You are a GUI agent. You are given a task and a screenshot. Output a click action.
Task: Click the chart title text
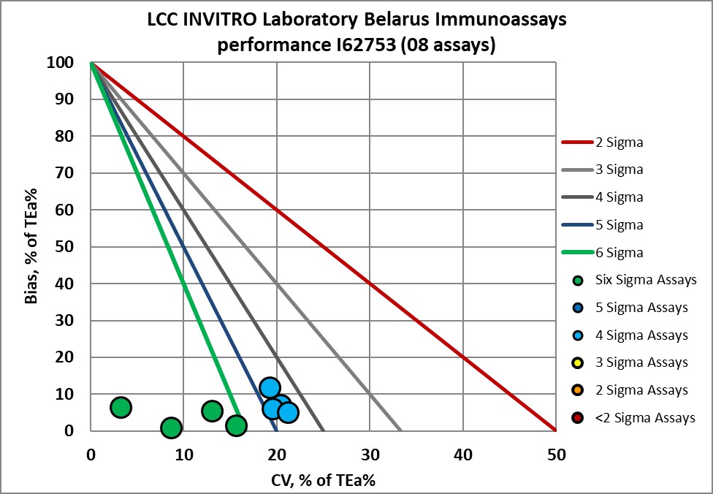coord(356,33)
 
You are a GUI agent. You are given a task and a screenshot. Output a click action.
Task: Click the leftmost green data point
coord(121,407)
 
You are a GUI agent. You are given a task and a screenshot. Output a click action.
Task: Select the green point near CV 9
coord(171,427)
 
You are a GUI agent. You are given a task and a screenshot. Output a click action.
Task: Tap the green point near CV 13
coord(212,411)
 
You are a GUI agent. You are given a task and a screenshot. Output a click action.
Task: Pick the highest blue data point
coord(270,387)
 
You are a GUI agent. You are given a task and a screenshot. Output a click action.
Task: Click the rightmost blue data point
coord(288,413)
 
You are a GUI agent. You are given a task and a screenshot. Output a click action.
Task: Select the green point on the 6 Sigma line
coord(236,425)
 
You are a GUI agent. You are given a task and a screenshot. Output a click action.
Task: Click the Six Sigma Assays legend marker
coord(578,280)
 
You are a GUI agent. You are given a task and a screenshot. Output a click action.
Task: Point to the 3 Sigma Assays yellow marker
coord(578,362)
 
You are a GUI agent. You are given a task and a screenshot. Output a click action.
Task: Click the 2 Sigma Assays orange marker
coord(578,390)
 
